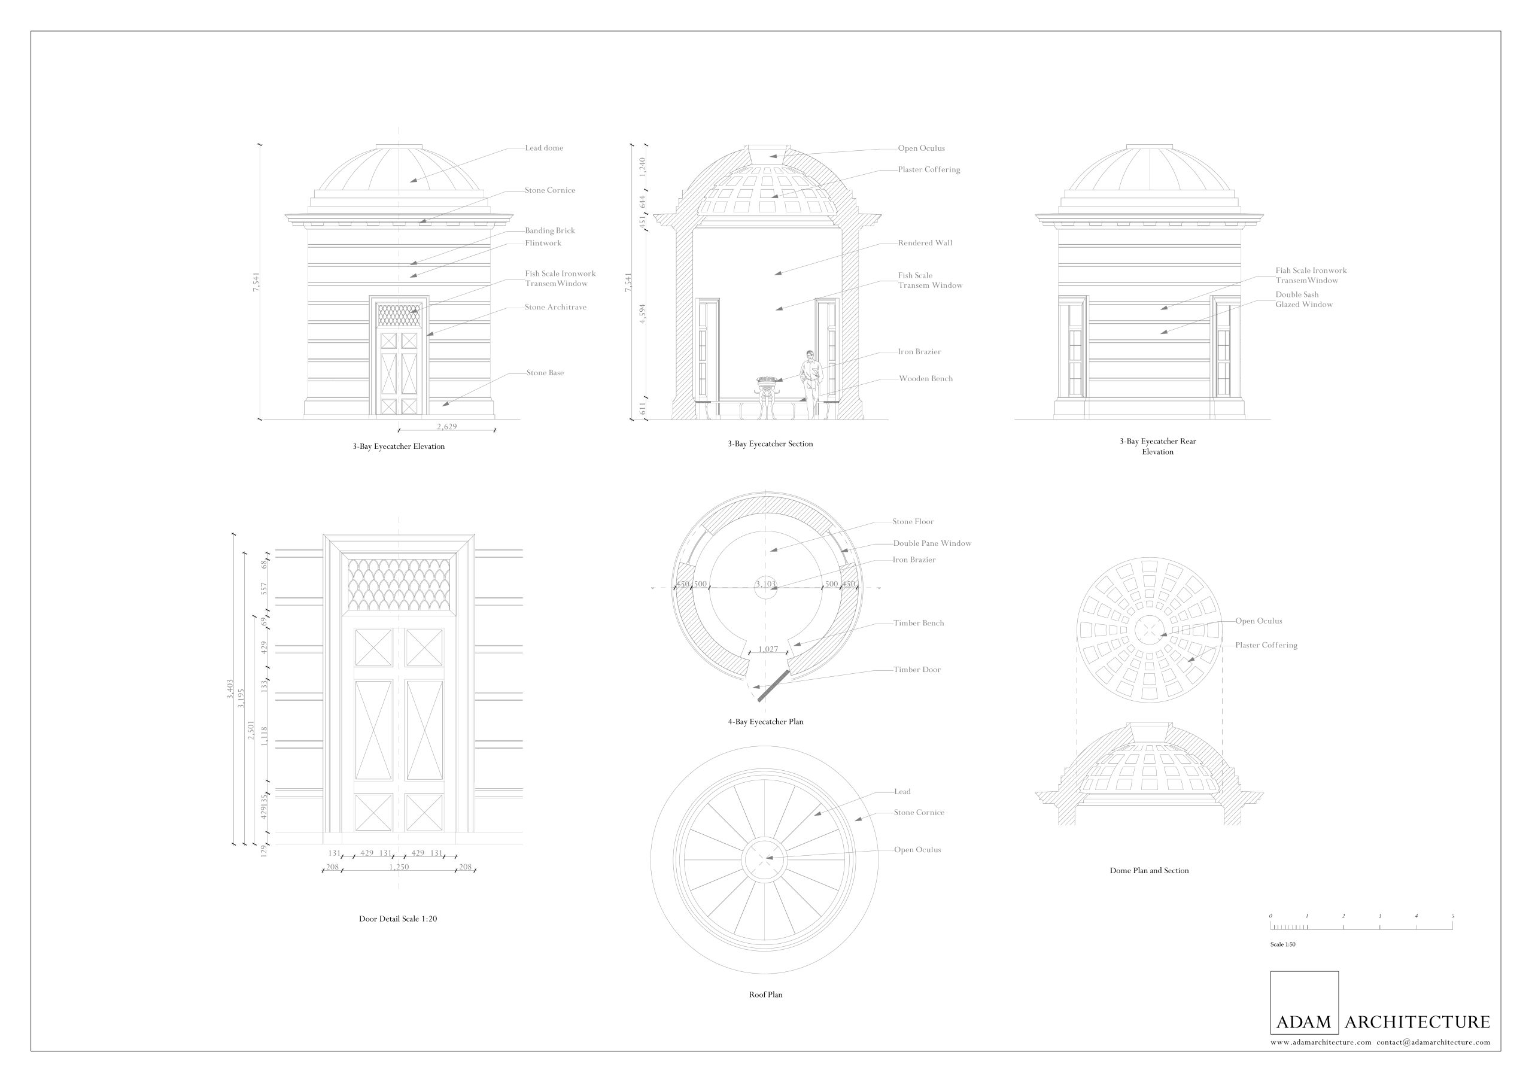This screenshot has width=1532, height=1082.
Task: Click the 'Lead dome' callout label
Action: [544, 148]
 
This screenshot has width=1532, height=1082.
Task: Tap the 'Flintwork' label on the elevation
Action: [543, 244]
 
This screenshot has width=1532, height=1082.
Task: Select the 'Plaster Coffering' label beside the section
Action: [929, 169]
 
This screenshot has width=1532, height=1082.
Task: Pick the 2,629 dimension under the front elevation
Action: [447, 426]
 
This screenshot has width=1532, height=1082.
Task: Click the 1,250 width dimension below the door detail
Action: [399, 867]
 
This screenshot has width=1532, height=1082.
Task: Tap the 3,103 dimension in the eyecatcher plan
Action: [765, 584]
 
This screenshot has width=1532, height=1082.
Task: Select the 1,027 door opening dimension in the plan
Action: [768, 649]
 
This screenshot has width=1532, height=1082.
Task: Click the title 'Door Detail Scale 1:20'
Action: [399, 919]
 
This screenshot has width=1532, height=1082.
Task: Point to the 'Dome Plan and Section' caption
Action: [1149, 871]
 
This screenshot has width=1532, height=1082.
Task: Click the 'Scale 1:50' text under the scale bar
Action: [1282, 944]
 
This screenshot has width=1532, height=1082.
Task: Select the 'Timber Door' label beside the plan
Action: [917, 670]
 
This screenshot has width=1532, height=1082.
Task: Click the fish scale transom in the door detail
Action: [399, 584]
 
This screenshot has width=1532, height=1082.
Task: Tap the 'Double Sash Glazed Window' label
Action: [1304, 299]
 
